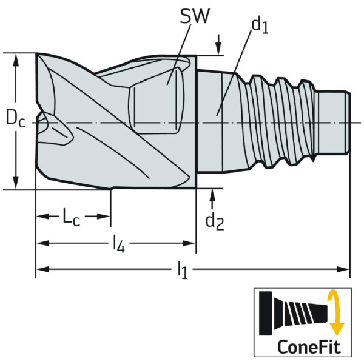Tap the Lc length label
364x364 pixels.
tap(72, 216)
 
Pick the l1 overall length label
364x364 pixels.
tap(182, 270)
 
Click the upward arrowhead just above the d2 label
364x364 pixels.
tap(213, 195)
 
